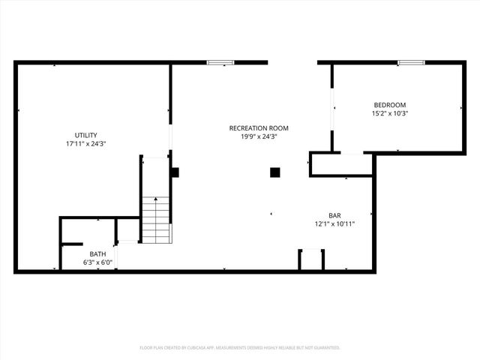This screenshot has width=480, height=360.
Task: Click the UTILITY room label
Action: tap(85, 135)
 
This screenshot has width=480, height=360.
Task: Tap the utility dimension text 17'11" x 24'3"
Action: tap(85, 143)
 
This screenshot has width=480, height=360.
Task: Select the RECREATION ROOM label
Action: tap(259, 128)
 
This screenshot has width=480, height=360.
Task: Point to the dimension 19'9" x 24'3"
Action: tap(259, 136)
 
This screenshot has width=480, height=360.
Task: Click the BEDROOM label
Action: tap(390, 104)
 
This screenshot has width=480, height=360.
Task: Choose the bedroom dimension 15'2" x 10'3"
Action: tap(390, 113)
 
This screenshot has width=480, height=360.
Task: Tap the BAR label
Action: tap(334, 214)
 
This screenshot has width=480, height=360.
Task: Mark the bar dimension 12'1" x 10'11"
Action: tap(334, 223)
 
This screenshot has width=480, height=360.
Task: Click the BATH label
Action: tap(97, 253)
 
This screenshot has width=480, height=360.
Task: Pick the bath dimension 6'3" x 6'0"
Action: tap(97, 262)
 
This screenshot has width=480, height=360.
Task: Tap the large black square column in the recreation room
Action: tap(275, 172)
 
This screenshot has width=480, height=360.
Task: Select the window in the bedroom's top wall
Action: tap(412, 62)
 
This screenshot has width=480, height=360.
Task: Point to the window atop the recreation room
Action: tap(220, 62)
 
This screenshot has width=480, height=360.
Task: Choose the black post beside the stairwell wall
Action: tap(175, 172)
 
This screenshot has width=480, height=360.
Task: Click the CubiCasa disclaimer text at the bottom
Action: tap(240, 348)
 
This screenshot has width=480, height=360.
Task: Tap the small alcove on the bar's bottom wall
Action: tap(311, 259)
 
